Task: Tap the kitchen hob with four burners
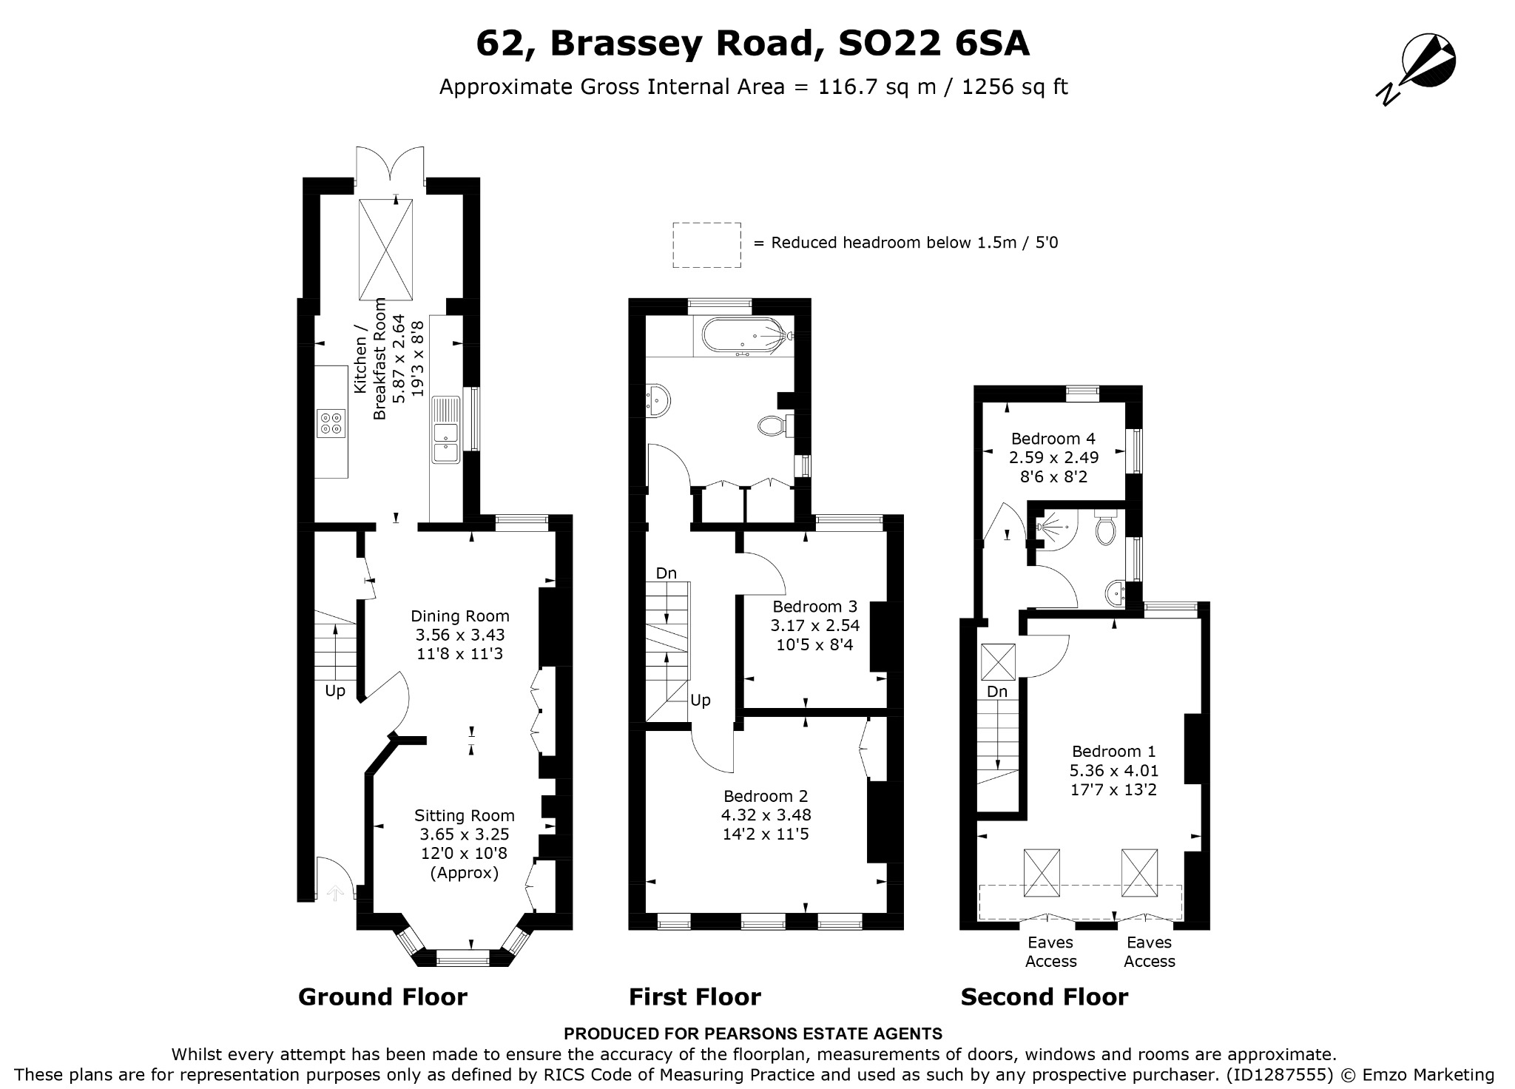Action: click(331, 423)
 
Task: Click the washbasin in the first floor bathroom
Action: click(657, 400)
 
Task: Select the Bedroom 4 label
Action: click(1053, 439)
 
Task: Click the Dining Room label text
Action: click(460, 616)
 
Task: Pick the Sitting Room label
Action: click(464, 816)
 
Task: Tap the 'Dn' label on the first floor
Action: click(667, 573)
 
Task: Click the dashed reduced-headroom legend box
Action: click(706, 245)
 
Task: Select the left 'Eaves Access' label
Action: click(1050, 952)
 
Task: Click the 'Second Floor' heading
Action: click(1045, 997)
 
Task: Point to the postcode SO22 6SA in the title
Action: click(933, 44)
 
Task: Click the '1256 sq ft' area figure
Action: click(1015, 87)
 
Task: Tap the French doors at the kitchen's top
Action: click(391, 166)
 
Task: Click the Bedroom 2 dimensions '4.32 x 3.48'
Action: click(766, 815)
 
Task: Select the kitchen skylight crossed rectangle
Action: click(386, 249)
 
